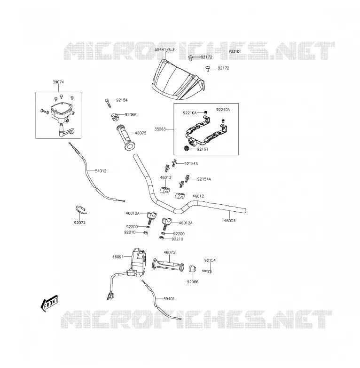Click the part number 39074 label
point(58,82)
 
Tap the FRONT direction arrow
point(49,303)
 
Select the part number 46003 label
point(230,221)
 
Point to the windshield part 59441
point(178,80)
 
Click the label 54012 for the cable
point(101,171)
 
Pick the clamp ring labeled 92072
point(81,210)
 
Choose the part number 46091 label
point(118,257)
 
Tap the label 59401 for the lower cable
point(169,299)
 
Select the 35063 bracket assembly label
point(160,129)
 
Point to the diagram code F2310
point(234,51)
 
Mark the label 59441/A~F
point(165,50)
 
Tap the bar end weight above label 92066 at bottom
point(192,269)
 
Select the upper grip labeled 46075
point(125,137)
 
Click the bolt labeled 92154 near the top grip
point(108,103)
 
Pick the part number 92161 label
point(203,149)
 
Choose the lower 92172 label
point(223,68)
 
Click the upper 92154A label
point(191,164)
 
